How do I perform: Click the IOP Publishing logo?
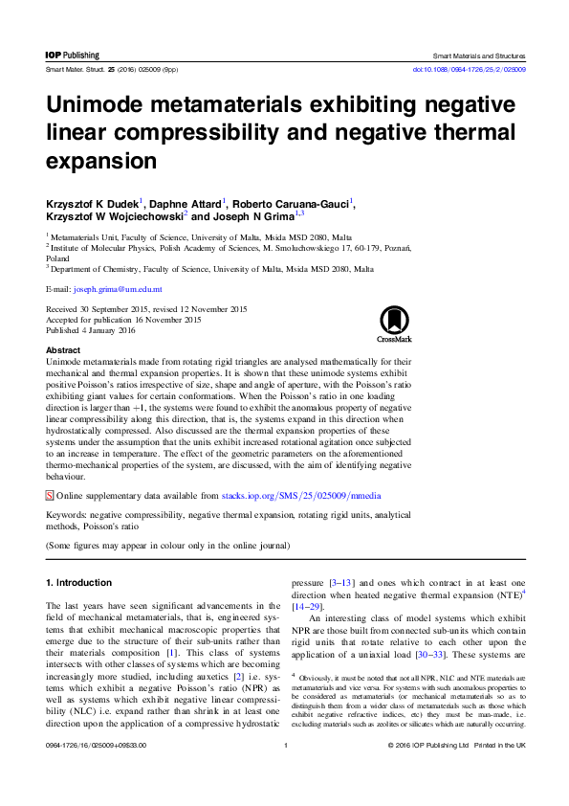click(x=73, y=56)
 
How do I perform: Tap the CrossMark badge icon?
click(x=394, y=323)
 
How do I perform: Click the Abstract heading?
click(x=63, y=351)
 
